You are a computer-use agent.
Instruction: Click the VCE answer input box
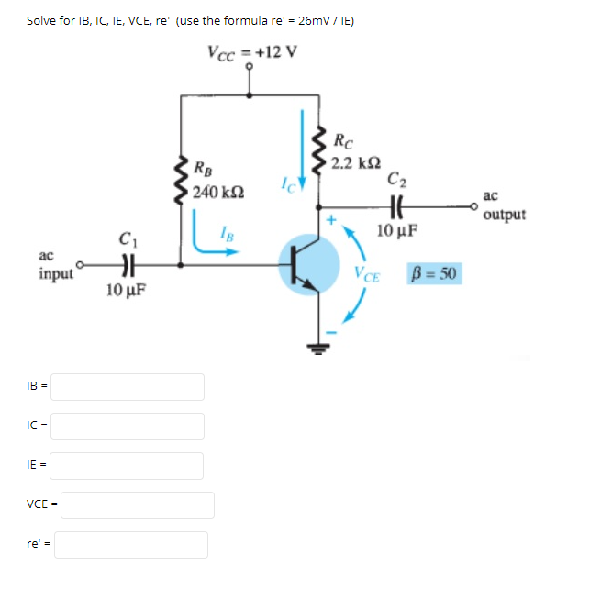tap(138, 504)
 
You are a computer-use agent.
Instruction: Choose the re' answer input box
tap(131, 545)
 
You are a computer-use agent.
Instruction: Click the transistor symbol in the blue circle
tap(307, 264)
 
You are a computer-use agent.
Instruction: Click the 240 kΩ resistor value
tap(217, 192)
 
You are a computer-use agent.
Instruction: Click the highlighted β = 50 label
tap(436, 272)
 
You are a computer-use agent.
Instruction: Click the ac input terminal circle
tap(81, 265)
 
